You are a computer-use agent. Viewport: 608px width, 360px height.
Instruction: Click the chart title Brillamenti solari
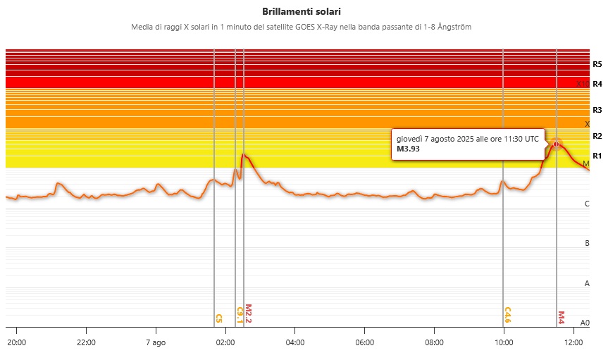[304, 12]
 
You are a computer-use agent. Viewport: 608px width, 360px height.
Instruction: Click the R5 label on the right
[597, 64]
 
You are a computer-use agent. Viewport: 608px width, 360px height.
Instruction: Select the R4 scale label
[597, 84]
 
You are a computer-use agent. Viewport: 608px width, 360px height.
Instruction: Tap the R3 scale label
[597, 110]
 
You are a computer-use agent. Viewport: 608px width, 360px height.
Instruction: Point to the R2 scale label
[597, 136]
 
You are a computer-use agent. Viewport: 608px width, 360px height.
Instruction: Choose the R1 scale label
[597, 156]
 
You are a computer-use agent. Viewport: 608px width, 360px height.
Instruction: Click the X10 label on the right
[583, 84]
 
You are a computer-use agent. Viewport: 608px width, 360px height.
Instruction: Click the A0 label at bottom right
[584, 323]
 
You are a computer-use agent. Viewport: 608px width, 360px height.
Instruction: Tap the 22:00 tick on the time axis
[86, 342]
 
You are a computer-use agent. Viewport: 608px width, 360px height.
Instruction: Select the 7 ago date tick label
[156, 342]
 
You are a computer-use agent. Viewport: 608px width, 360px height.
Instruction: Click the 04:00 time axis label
[295, 342]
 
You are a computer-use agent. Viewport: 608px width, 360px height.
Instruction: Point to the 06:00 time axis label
[365, 342]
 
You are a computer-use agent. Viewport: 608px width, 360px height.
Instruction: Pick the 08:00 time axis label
[435, 342]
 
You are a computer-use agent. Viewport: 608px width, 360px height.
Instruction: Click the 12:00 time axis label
[574, 342]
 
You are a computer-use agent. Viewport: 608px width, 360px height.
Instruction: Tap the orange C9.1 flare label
[240, 315]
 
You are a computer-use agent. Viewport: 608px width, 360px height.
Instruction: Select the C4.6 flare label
[507, 315]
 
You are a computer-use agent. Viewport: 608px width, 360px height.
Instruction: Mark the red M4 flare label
[562, 317]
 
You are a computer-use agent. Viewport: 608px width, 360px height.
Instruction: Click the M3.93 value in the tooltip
[409, 149]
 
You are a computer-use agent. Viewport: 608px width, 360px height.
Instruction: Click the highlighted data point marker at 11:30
[557, 144]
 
